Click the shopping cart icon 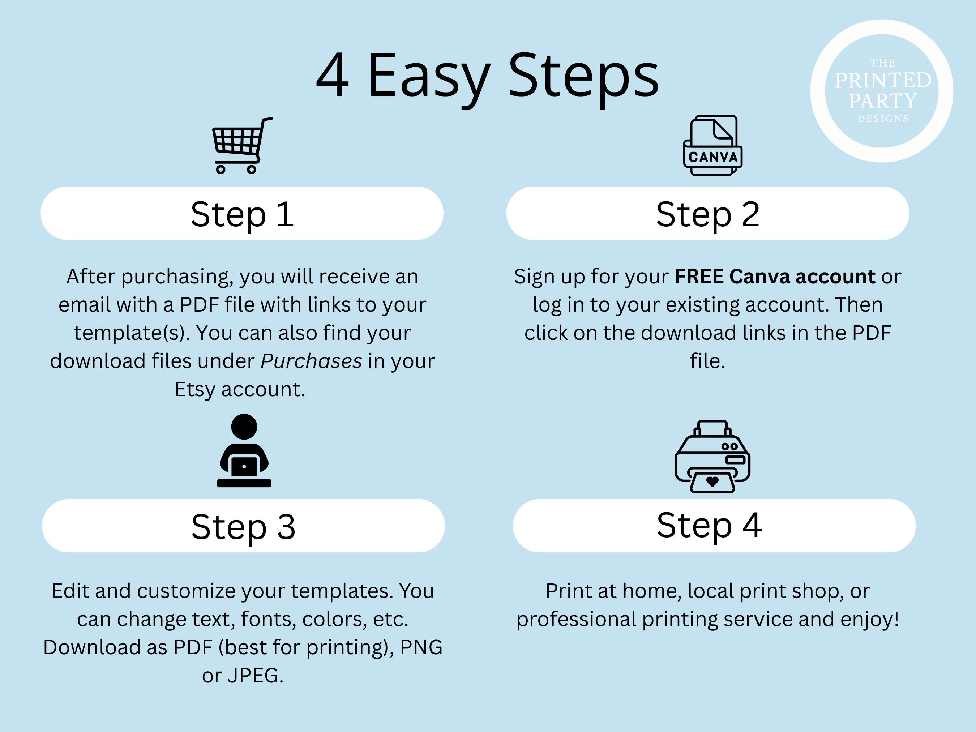[242, 146]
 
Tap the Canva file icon [712, 146]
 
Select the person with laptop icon [244, 450]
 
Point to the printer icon [712, 456]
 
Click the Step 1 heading [242, 214]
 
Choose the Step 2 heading [708, 214]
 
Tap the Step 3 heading [243, 527]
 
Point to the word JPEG [255, 676]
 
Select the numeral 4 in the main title [333, 75]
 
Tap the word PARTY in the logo [882, 101]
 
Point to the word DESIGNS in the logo [883, 119]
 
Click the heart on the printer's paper [712, 482]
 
